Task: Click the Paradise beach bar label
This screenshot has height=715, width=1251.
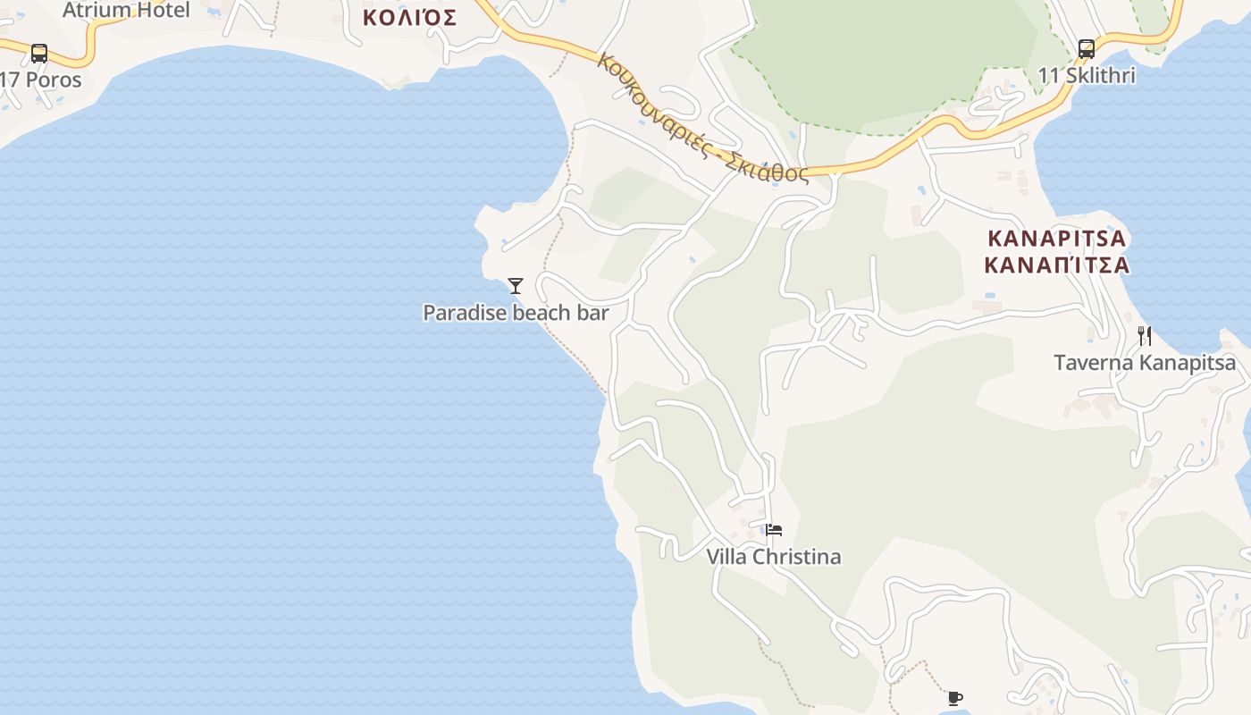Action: [516, 313]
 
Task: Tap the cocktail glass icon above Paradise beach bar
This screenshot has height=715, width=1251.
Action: [516, 286]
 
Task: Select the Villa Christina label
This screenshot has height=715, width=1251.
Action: [774, 557]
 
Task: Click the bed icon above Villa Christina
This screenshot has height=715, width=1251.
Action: [774, 530]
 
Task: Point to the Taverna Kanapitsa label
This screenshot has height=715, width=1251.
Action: [1145, 363]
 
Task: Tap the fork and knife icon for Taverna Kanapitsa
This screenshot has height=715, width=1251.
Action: [1145, 336]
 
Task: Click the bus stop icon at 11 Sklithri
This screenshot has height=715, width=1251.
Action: [1087, 49]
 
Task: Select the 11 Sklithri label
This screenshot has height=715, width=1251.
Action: [1087, 76]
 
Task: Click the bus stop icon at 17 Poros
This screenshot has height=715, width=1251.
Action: [39, 53]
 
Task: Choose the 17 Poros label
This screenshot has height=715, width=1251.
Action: [41, 80]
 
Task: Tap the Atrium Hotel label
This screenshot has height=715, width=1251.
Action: [126, 10]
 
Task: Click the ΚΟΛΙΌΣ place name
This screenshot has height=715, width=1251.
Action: [409, 17]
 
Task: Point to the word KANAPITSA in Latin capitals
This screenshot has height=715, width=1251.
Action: [1057, 240]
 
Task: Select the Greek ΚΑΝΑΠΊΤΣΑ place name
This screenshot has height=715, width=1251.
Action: [1057, 265]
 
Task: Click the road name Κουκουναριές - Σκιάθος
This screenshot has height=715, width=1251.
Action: [702, 118]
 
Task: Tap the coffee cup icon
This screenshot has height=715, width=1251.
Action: [954, 698]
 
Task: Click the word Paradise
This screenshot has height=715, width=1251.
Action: [464, 313]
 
